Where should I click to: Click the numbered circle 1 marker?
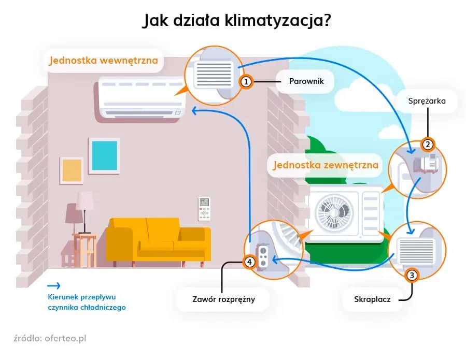pos(246,81)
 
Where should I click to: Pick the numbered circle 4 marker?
pos(250,262)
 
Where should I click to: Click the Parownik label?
pos(304,81)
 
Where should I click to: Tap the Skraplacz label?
pos(373,299)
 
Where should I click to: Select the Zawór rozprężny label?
pos(223,299)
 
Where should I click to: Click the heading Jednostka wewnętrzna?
pos(103,61)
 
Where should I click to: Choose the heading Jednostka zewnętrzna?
pos(322,166)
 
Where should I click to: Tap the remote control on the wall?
pos(204,208)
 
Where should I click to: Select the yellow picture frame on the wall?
pos(71,171)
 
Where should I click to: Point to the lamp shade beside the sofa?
pos(85,200)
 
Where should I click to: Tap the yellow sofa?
pos(158,241)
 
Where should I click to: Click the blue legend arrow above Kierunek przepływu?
pos(53,285)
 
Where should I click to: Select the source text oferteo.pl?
pos(65,338)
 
